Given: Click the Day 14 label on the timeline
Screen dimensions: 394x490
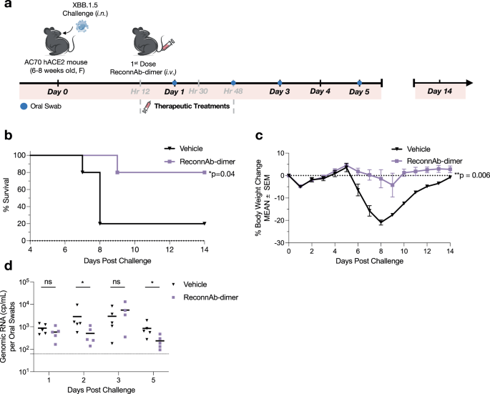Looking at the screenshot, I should [x=439, y=92].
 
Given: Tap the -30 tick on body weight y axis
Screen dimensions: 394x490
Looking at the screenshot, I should [x=277, y=243].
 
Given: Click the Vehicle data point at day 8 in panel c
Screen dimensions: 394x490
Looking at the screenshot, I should [x=381, y=222].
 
